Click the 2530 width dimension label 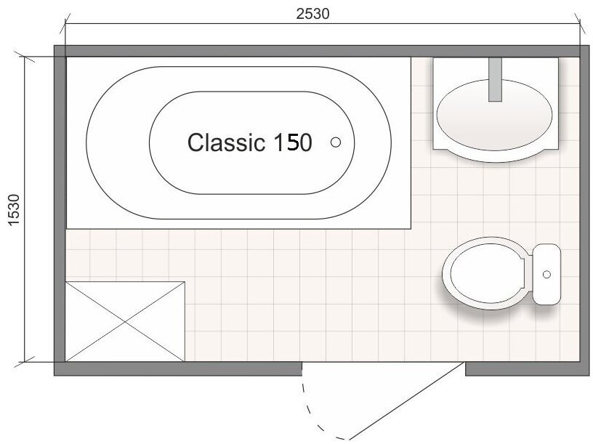click(312, 14)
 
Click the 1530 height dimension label click(14, 210)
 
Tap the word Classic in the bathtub click(226, 142)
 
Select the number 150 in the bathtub click(293, 142)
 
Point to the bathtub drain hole click(336, 142)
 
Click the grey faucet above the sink click(495, 79)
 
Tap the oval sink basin click(494, 115)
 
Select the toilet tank click(546, 274)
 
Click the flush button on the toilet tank click(546, 274)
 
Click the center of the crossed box click(125, 321)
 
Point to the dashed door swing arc click(309, 410)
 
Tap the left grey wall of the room click(60, 210)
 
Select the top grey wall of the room click(317, 51)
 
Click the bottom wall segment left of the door click(178, 368)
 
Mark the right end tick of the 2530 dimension click(578, 23)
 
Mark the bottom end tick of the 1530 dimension click(25, 362)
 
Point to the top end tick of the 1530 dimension click(25, 57)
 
